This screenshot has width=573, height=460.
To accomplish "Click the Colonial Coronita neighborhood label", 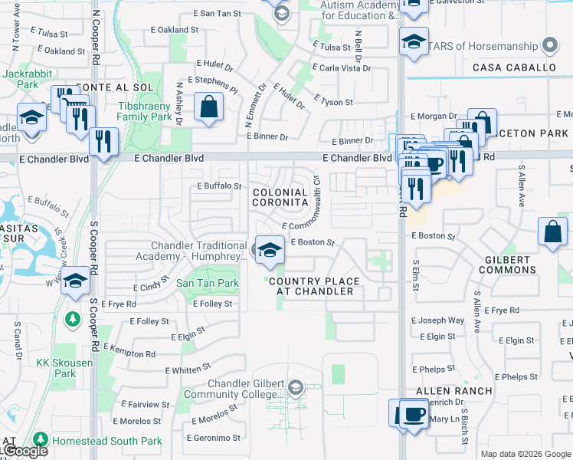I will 280,196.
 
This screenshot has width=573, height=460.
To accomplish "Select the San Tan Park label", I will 208,284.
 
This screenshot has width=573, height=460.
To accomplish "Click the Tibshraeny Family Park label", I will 145,112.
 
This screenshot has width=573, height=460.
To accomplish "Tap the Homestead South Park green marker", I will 39,441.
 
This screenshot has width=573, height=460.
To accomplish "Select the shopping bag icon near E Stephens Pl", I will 209,107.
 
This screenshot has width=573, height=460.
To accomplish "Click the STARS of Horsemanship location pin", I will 549,46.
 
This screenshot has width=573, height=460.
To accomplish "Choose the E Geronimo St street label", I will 214,439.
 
